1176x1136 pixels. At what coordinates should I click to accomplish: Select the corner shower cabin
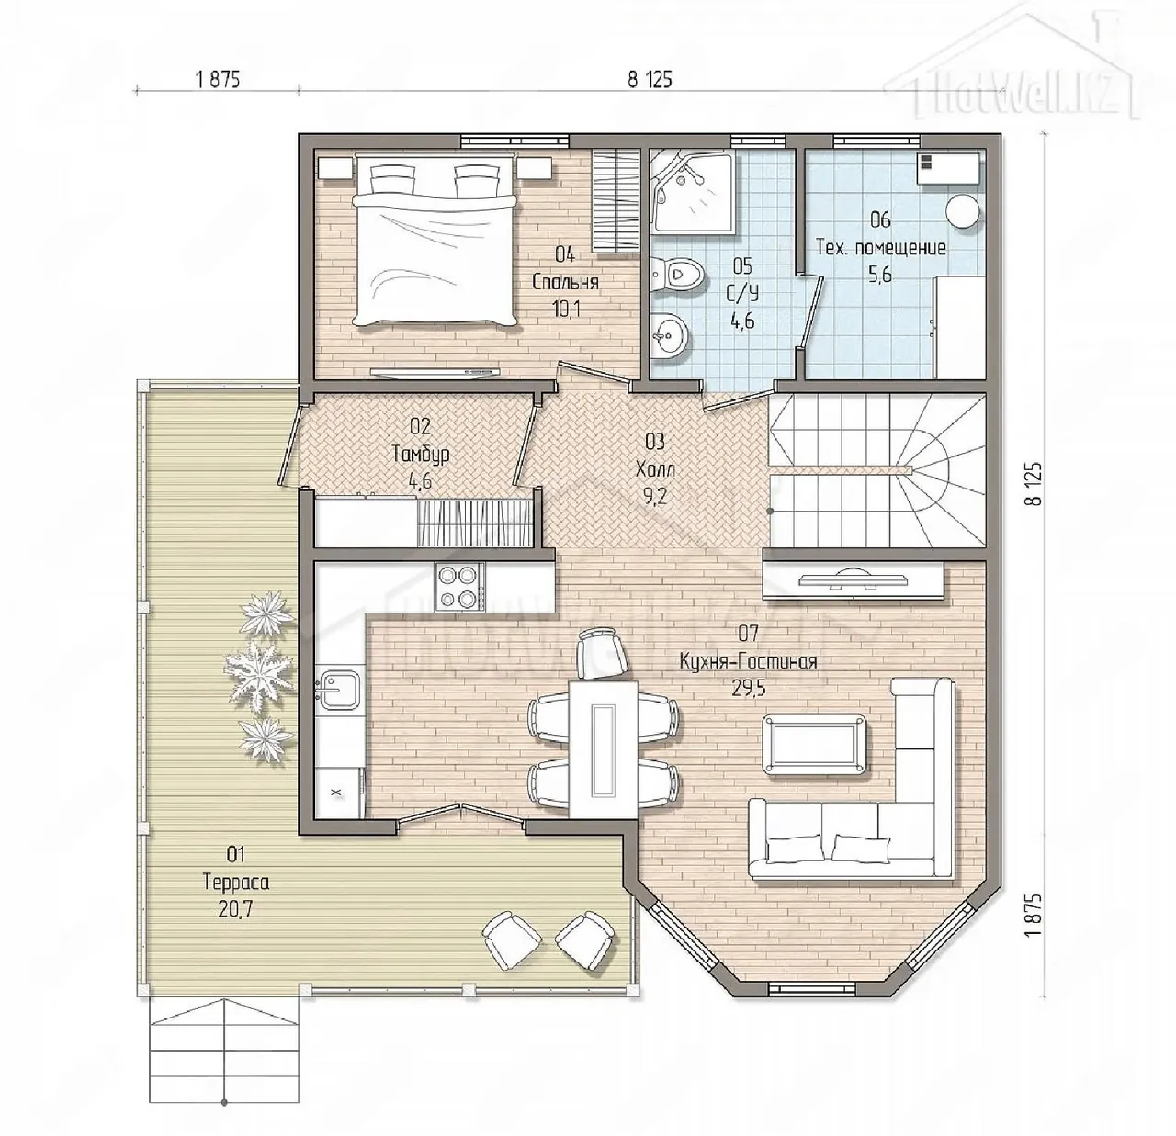pos(693,191)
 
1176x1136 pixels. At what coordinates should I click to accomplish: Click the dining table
pos(604,750)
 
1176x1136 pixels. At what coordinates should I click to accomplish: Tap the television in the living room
pos(853,579)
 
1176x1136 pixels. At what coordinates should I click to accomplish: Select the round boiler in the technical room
pos(962,211)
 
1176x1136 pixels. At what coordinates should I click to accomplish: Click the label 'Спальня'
pos(566,283)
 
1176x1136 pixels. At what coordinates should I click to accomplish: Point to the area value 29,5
pos(748,688)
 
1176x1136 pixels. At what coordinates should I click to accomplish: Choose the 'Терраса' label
pos(236,883)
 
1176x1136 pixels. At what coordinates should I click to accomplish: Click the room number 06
pos(880,219)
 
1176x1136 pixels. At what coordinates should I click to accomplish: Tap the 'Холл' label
pos(655,468)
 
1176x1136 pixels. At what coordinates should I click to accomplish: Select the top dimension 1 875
pos(218,80)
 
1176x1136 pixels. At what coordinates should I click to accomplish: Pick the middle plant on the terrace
pos(261,670)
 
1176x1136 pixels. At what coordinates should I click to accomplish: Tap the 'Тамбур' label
pos(421,454)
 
